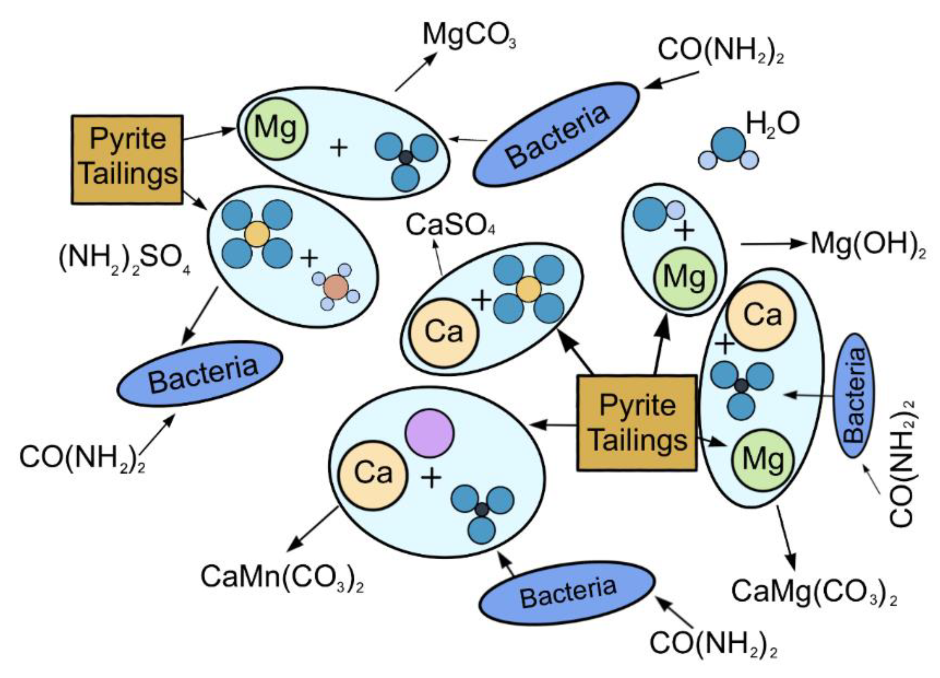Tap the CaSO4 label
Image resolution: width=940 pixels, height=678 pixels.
tap(450, 226)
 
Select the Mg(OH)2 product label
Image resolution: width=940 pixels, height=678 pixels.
tap(868, 245)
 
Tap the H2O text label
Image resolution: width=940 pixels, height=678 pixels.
tap(773, 124)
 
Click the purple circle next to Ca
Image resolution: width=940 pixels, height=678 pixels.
tap(430, 433)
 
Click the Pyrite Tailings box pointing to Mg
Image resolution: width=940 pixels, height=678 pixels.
tap(127, 160)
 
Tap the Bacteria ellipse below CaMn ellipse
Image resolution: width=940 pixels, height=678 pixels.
tap(567, 593)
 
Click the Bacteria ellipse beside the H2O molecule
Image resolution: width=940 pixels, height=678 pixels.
tap(556, 134)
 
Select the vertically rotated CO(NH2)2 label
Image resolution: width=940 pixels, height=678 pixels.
tap(903, 463)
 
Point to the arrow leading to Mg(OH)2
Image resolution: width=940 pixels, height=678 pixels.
tap(773, 244)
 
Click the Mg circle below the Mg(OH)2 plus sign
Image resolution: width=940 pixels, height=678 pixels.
tap(685, 278)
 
